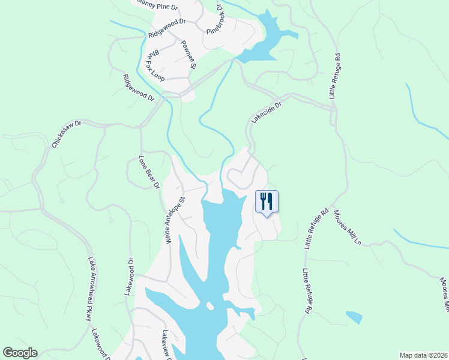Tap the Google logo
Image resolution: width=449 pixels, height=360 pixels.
coord(20,353)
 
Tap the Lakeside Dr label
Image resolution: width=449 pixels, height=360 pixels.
coord(266,112)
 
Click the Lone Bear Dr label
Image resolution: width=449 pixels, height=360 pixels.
coord(148,173)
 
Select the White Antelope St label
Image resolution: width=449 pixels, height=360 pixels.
coord(175,215)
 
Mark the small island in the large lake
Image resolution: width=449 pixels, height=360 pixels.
coord(209,306)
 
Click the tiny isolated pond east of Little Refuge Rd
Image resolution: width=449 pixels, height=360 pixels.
coord(354,316)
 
